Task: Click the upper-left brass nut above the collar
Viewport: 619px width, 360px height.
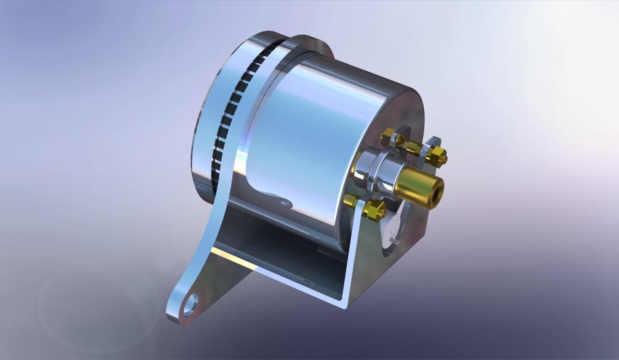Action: (x=390, y=137)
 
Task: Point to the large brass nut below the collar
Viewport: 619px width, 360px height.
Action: (x=375, y=209)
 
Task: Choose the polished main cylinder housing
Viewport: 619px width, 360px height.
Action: (x=303, y=142)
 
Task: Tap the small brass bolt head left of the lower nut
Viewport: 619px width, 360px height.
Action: (x=351, y=200)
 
